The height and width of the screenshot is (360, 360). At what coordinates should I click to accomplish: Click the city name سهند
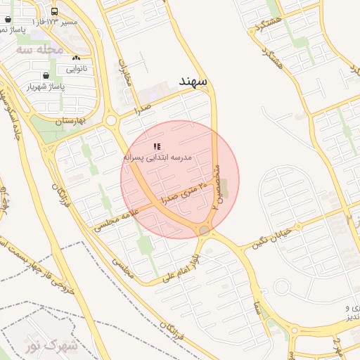point(193,82)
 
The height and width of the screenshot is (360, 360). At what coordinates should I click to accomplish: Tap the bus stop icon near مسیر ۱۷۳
point(55,12)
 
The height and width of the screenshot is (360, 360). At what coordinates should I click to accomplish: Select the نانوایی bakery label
point(77,69)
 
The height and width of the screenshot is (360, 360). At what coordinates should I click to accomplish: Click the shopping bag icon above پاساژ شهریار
point(46,75)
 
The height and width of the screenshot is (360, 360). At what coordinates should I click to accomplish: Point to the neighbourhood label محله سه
point(40,50)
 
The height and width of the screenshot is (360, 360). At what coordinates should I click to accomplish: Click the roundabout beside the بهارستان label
point(111,121)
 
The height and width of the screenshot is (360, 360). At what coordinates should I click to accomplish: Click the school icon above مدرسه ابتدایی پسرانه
point(156,146)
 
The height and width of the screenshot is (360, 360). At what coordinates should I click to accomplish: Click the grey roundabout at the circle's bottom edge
point(204,231)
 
